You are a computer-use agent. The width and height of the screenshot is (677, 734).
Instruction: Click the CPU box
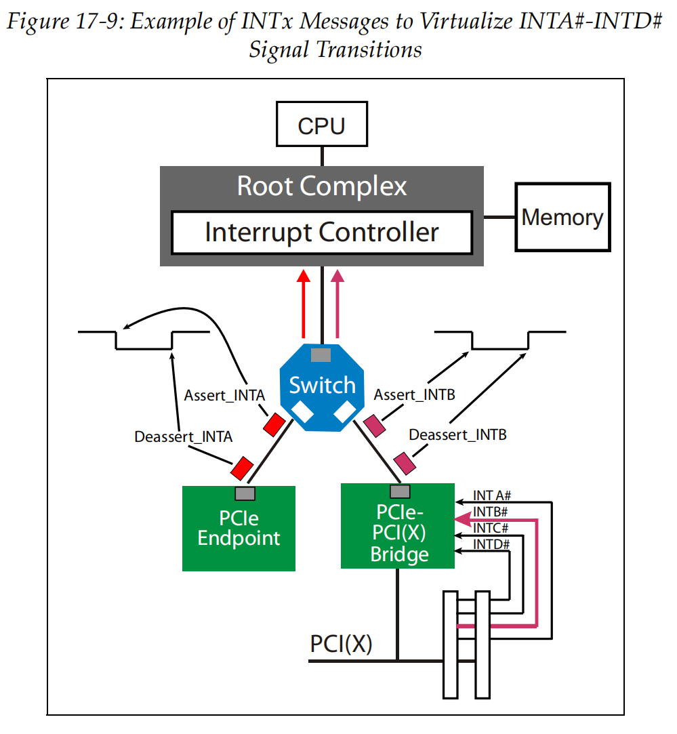click(322, 125)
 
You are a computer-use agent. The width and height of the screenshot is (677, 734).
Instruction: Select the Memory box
click(562, 218)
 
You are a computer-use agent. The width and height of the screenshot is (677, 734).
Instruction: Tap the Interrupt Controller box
click(322, 232)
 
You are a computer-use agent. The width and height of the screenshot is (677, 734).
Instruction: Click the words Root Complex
click(322, 186)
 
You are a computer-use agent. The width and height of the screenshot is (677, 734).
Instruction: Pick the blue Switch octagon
click(322, 386)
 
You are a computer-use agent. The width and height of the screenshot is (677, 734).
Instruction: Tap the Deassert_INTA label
click(184, 436)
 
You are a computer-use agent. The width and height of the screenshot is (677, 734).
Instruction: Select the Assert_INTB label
click(414, 394)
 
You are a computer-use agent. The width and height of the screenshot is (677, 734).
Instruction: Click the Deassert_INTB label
click(458, 434)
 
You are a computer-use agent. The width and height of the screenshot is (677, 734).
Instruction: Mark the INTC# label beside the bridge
click(491, 528)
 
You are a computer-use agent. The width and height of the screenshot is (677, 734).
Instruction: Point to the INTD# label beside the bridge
click(491, 544)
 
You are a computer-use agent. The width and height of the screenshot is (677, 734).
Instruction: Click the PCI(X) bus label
click(342, 644)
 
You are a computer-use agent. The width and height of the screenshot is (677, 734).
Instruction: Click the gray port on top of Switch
click(321, 354)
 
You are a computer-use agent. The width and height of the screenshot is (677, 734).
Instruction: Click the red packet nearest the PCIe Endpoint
click(242, 467)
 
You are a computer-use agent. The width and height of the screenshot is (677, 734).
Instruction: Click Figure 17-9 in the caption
click(64, 22)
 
